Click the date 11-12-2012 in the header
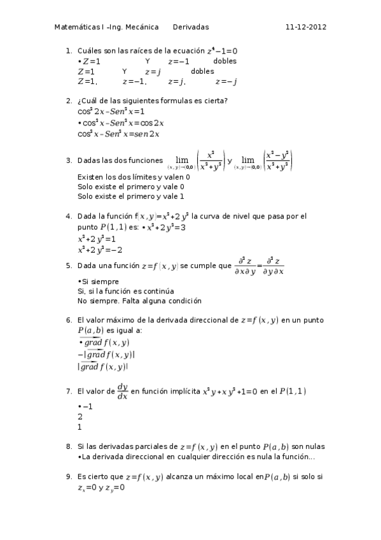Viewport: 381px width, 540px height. pyautogui.click(x=306, y=27)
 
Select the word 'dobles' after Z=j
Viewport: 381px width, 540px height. pyautogui.click(x=202, y=71)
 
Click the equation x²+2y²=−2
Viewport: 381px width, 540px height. pyautogui.click(x=100, y=250)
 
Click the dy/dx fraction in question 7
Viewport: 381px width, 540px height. pyautogui.click(x=122, y=391)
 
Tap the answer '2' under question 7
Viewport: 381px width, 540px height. pyautogui.click(x=80, y=416)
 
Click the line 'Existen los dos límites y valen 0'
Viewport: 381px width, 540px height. pyautogui.click(x=133, y=176)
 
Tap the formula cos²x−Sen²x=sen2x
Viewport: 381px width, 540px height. pyautogui.click(x=118, y=134)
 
